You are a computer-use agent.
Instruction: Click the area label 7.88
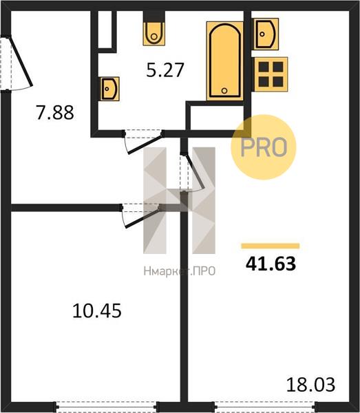[55, 112]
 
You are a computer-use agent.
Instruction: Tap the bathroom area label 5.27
[165, 70]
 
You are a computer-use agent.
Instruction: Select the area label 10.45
[97, 311]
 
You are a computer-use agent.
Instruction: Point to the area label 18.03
[310, 385]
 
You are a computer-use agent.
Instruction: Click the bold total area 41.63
[271, 264]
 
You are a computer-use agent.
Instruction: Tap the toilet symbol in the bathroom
[154, 34]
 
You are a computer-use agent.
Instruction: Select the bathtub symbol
[225, 61]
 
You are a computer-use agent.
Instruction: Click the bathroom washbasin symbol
[110, 89]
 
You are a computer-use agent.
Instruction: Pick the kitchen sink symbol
[266, 34]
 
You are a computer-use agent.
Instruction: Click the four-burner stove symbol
[271, 74]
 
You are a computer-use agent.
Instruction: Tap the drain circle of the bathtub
[224, 91]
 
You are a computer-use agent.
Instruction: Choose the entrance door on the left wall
[17, 63]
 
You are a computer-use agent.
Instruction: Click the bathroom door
[144, 141]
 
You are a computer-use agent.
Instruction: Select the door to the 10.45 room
[141, 215]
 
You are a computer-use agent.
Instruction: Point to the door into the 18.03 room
[192, 172]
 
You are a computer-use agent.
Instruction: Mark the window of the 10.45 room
[107, 406]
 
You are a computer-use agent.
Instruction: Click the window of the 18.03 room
[265, 406]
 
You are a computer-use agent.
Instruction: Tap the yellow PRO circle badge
[264, 147]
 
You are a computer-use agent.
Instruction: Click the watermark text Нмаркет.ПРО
[180, 271]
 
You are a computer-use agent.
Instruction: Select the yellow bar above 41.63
[271, 246]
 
